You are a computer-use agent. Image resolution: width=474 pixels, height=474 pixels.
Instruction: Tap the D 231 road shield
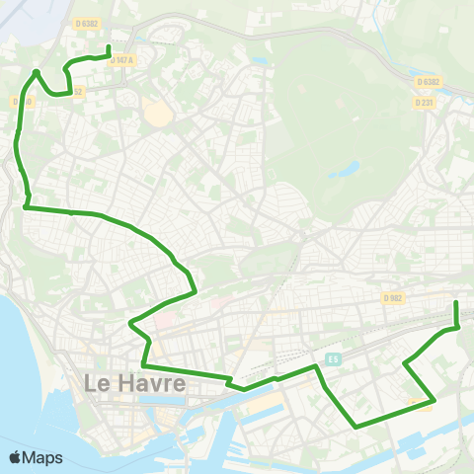(x=425, y=102)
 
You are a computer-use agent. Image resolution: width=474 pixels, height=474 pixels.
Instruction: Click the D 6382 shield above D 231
(x=428, y=82)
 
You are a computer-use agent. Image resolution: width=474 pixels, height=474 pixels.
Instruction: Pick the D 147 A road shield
(x=121, y=60)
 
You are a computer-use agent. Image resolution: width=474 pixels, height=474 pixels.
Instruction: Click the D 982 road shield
(x=392, y=297)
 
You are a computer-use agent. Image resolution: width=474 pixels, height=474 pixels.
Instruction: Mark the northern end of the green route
(x=108, y=47)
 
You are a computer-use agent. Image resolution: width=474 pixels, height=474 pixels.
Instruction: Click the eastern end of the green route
(x=456, y=302)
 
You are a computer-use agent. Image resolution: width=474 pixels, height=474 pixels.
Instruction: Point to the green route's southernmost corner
(x=356, y=426)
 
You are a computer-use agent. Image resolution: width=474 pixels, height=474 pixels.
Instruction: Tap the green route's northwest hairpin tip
(x=37, y=72)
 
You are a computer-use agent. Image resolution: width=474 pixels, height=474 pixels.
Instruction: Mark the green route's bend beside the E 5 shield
(x=318, y=366)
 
